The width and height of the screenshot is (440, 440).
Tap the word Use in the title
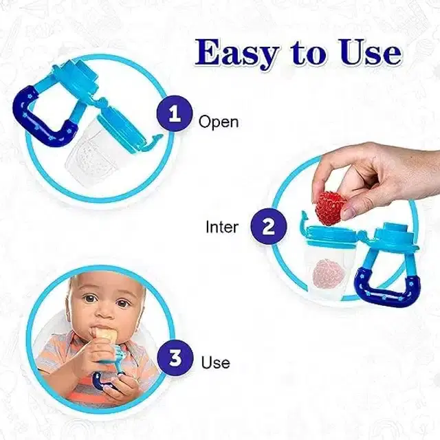(x=365, y=54)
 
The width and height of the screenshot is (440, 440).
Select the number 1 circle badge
(x=175, y=114)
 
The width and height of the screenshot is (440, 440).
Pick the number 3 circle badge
(x=175, y=359)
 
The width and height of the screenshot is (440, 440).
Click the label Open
(x=218, y=122)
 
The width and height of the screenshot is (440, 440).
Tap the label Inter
(x=221, y=226)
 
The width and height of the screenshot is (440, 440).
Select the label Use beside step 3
(x=215, y=362)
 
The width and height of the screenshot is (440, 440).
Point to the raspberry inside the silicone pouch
(x=326, y=274)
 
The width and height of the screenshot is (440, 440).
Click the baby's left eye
(x=122, y=303)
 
